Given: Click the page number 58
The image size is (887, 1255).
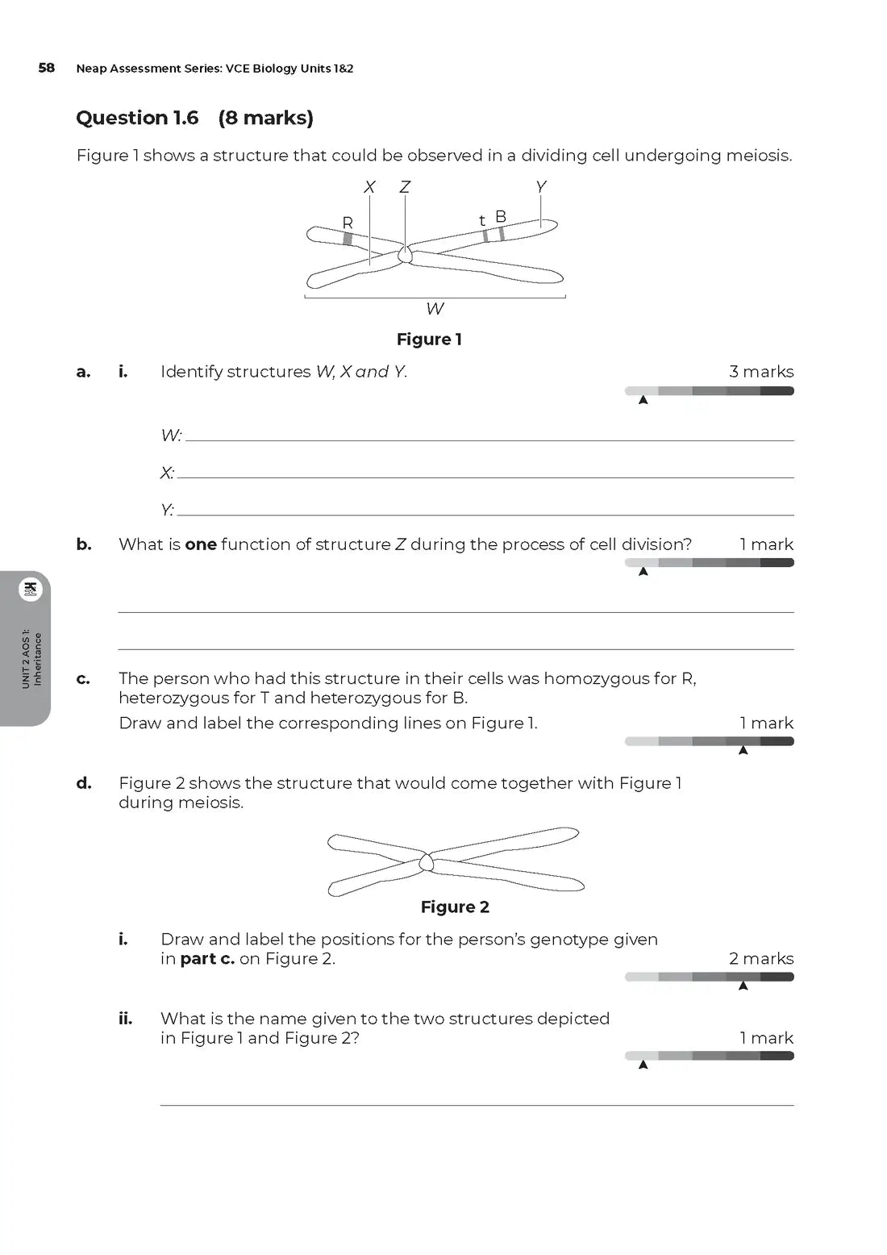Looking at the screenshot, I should [x=46, y=68].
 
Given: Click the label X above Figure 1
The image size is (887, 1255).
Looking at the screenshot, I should [x=369, y=187].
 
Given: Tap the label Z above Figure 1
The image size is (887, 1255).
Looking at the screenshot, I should [x=405, y=187].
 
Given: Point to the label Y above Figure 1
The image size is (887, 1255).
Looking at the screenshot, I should [x=540, y=187].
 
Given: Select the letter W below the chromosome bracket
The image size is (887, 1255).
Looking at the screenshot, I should [x=435, y=309].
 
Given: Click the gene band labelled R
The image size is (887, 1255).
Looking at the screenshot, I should [x=348, y=238].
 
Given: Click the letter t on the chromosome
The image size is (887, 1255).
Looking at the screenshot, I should [x=482, y=221].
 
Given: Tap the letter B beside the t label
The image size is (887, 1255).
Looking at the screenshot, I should [x=501, y=217].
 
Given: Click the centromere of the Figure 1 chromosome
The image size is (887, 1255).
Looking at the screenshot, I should [x=405, y=255].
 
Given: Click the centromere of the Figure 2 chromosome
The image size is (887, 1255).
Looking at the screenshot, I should [x=427, y=863].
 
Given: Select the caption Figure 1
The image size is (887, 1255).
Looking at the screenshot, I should [x=429, y=340].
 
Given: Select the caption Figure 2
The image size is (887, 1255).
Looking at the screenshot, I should [x=455, y=907].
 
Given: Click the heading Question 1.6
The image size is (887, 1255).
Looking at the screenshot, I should [x=137, y=118].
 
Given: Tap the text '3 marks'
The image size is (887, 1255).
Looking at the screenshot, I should [x=761, y=372].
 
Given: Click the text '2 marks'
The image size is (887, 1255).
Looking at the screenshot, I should [x=761, y=959].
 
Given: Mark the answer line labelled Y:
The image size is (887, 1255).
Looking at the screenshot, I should [x=485, y=513].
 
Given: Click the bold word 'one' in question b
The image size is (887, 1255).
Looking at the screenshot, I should [x=201, y=544].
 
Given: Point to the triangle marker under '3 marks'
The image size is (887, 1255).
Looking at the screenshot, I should [x=643, y=400].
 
